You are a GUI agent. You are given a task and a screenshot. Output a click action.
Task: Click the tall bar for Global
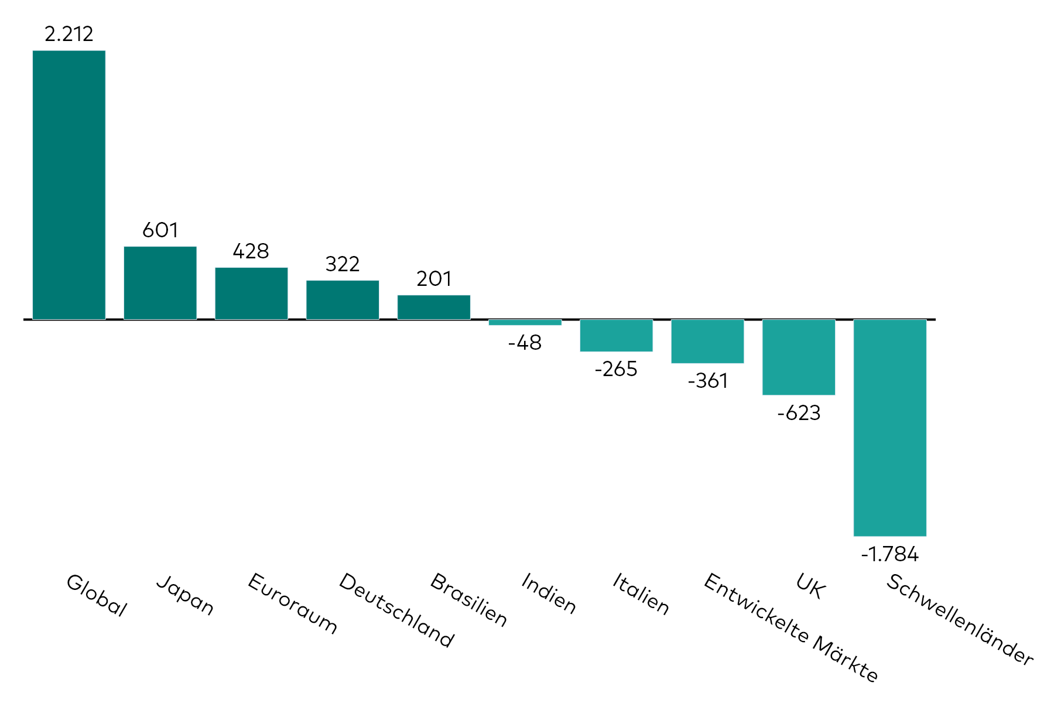point(69,185)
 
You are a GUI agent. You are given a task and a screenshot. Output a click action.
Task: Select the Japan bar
point(160,283)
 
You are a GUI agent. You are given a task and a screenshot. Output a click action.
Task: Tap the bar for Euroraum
point(251,294)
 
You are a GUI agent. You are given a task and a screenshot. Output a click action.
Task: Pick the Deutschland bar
point(343,300)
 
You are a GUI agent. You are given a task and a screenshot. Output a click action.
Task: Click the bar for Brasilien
point(434,307)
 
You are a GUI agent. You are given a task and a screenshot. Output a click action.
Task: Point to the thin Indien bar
point(525,322)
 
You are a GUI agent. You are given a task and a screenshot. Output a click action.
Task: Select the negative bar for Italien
point(616,335)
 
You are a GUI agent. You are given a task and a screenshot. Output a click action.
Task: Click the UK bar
point(799,357)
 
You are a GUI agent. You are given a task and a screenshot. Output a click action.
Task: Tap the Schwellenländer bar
point(889,428)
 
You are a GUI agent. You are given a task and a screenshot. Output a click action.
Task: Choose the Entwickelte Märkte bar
point(707,341)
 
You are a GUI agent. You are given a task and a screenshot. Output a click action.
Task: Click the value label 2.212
point(69,34)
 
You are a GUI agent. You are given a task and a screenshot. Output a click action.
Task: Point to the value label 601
point(160,230)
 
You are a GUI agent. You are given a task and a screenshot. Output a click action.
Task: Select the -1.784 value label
point(889,554)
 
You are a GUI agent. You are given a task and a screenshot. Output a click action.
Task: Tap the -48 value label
point(525,343)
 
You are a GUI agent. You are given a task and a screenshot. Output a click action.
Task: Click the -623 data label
point(799,413)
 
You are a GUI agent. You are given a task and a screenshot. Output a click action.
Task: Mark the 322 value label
point(343,264)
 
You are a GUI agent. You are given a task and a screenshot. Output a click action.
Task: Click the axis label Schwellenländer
point(959,619)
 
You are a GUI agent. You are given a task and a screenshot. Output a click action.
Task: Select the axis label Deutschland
point(396,610)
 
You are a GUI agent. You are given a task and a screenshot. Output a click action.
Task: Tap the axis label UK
point(811,586)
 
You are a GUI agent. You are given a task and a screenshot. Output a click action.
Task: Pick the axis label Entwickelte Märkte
point(791,627)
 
